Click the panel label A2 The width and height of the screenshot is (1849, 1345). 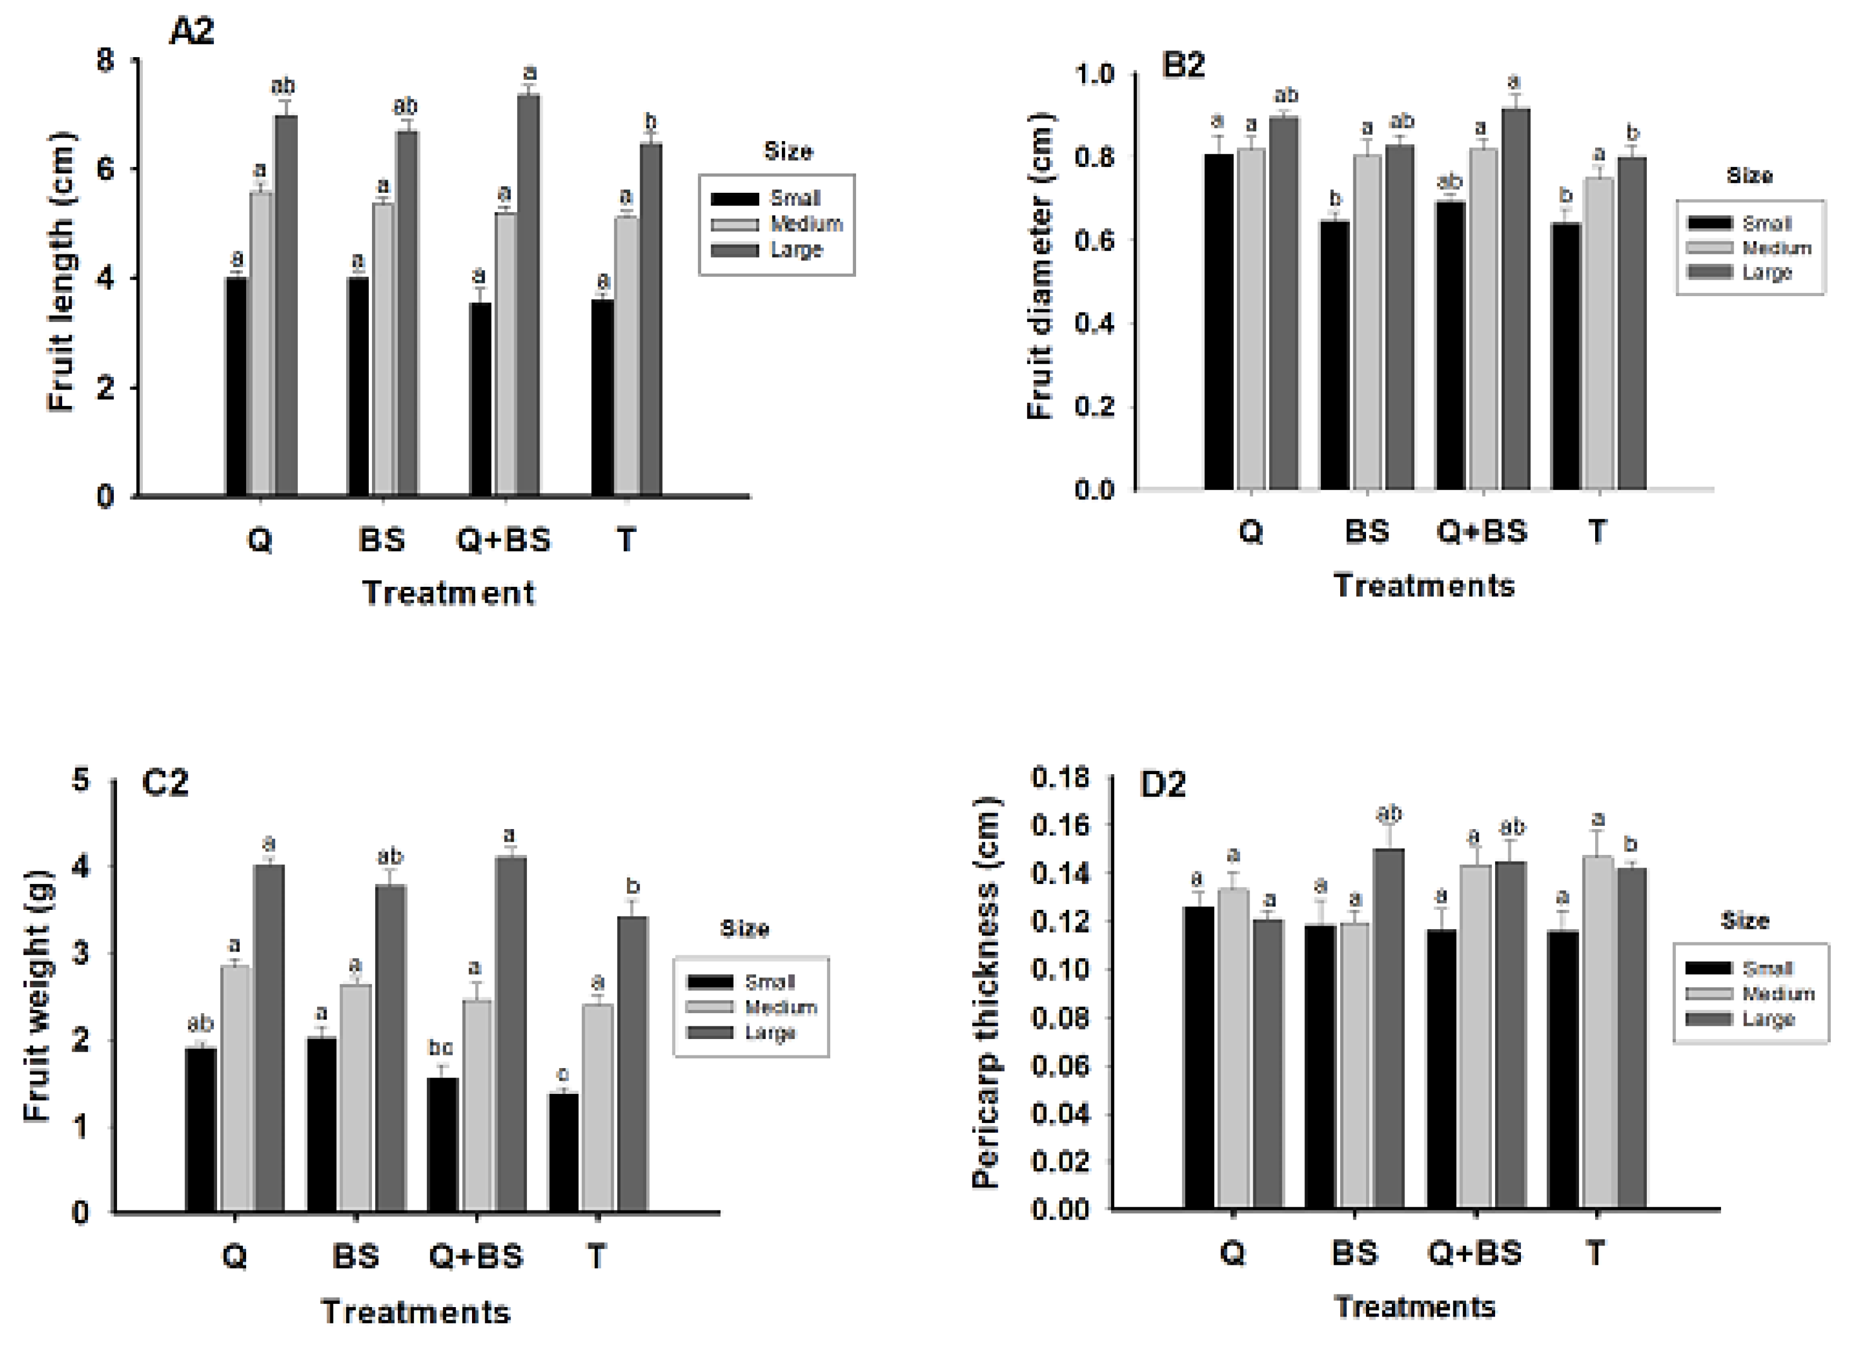click(x=192, y=32)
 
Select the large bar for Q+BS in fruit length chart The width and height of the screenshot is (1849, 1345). click(x=528, y=293)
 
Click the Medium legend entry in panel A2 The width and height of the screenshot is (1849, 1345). click(x=806, y=224)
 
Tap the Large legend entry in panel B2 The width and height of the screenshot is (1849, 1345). click(x=1766, y=273)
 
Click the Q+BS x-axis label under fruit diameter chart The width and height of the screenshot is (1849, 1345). click(x=1481, y=531)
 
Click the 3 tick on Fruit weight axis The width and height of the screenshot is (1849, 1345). click(x=81, y=954)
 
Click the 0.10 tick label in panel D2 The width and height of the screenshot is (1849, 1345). click(x=1060, y=969)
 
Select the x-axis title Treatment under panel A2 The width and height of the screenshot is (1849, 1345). click(x=448, y=593)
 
